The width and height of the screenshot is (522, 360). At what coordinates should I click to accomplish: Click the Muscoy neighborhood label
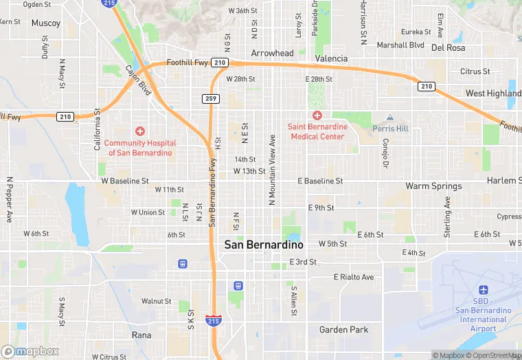click(46, 23)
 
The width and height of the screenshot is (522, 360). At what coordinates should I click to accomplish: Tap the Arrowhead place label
click(272, 53)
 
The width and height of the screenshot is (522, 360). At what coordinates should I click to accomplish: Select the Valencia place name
click(331, 58)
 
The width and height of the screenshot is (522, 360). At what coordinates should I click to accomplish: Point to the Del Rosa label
click(448, 47)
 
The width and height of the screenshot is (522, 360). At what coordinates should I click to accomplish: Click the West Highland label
click(493, 93)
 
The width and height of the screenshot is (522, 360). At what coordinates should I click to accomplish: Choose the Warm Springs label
click(433, 186)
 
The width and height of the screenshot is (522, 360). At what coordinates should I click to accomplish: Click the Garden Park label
click(343, 330)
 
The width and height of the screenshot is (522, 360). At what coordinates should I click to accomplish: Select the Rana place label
click(141, 335)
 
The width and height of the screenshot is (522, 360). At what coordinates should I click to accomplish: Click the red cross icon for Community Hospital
click(140, 131)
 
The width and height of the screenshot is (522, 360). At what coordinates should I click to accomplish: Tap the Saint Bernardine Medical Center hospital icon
click(317, 115)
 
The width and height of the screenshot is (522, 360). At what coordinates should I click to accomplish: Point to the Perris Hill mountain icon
click(390, 118)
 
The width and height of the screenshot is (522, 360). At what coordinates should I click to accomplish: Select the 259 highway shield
click(211, 99)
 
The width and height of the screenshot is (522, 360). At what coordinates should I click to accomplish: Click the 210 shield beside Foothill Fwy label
click(220, 63)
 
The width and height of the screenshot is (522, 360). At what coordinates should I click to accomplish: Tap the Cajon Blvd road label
click(138, 80)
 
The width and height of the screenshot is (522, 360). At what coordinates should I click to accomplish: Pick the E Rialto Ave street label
click(354, 277)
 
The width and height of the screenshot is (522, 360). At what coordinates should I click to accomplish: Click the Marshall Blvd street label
click(400, 45)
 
